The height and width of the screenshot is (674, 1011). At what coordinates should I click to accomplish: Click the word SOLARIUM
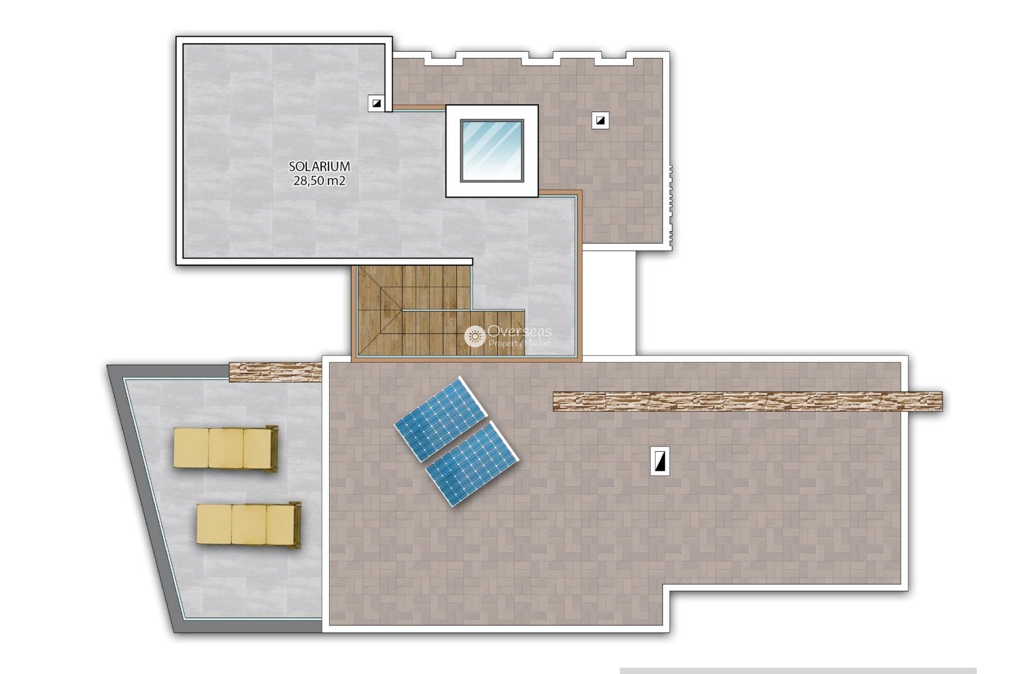click(319, 166)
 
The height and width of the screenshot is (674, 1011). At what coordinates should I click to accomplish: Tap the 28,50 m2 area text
click(319, 181)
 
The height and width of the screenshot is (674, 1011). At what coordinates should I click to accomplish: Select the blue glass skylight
click(492, 151)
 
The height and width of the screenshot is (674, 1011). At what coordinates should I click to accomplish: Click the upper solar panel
click(439, 419)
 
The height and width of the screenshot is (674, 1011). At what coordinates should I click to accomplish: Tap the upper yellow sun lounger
click(225, 448)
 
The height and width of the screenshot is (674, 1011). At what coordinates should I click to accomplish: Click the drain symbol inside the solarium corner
click(376, 103)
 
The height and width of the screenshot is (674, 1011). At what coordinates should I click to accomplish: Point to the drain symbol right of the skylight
click(600, 121)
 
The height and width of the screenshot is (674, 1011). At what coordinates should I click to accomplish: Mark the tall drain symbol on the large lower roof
click(660, 461)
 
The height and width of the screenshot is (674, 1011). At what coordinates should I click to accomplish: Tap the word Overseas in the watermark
click(519, 331)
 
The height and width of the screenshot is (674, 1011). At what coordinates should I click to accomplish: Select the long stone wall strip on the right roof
click(747, 401)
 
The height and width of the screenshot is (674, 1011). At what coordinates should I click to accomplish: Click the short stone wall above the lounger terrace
click(275, 371)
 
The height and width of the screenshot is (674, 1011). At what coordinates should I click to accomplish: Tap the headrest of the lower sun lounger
click(296, 525)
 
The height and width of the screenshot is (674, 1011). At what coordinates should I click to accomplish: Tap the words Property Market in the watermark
click(520, 343)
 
